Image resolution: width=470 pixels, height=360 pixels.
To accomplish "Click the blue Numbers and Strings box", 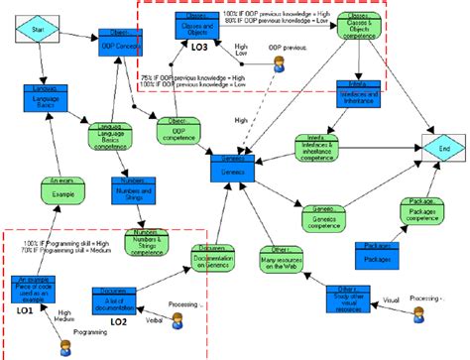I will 135,192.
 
